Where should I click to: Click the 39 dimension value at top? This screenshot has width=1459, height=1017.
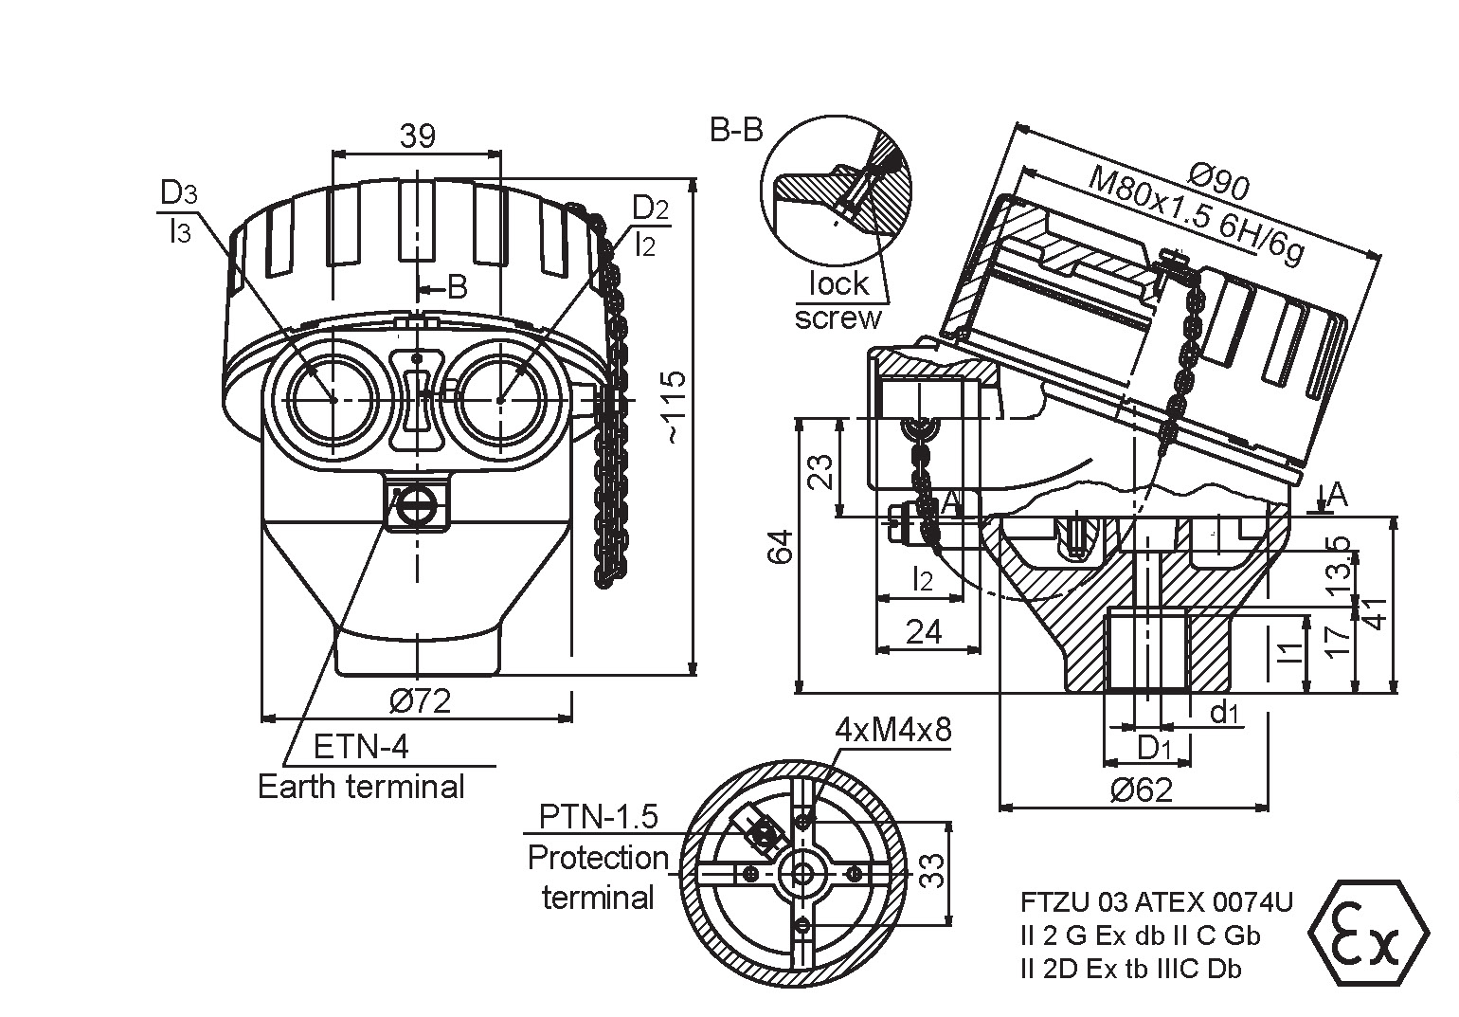(417, 136)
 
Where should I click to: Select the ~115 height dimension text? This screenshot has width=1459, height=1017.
(673, 408)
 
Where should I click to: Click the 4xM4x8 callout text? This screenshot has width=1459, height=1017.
(892, 730)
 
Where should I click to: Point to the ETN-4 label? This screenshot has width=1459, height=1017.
(361, 748)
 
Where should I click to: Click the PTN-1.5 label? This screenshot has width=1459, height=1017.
(598, 816)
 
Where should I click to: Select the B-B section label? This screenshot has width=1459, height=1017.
(736, 131)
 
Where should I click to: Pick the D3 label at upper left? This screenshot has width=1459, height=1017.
(178, 193)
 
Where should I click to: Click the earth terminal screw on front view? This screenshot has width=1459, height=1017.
(417, 505)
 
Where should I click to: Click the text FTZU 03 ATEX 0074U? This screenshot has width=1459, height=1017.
(1156, 901)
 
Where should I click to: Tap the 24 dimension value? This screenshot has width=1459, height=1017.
(925, 632)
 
